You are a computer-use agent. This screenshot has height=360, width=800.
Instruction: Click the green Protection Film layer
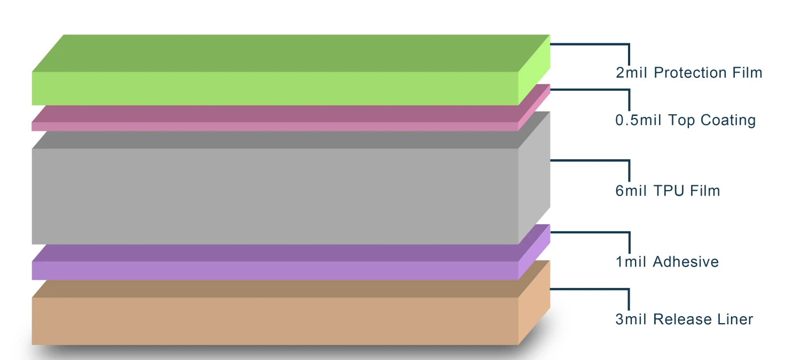[291, 70]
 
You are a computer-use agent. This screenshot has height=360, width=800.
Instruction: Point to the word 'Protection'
[691, 73]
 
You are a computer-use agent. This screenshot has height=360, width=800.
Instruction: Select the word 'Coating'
[728, 121]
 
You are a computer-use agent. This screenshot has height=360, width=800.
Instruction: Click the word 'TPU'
[669, 191]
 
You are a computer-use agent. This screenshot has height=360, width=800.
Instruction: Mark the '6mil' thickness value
[631, 191]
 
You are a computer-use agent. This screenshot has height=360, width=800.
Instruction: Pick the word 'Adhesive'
[686, 262]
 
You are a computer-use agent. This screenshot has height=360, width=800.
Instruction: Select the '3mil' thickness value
[631, 319]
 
